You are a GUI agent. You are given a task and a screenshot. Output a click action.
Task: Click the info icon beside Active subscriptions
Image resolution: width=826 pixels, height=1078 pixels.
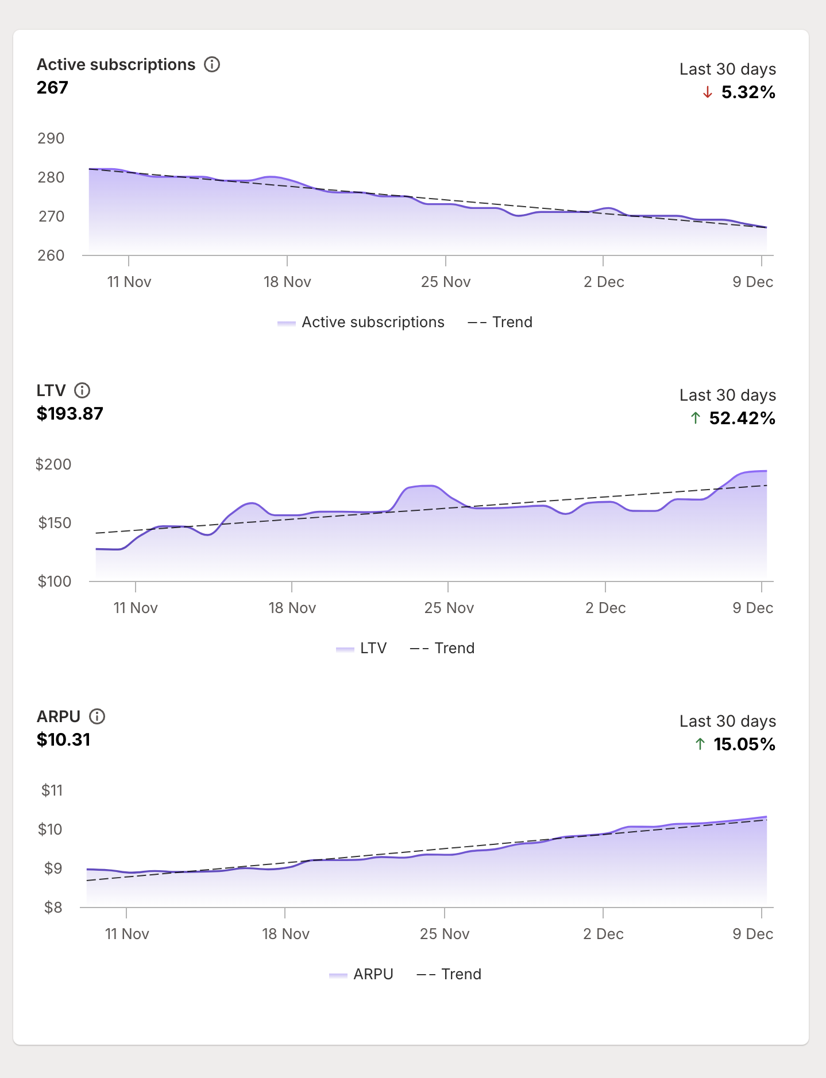pos(212,64)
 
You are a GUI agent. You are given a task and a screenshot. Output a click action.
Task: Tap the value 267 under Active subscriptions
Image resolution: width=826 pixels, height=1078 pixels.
pos(52,88)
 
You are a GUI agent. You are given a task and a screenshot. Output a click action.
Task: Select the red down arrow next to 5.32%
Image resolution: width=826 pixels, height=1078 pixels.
pos(707,92)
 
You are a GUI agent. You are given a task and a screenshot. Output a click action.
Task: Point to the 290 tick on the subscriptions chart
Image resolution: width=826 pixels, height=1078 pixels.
pos(51,138)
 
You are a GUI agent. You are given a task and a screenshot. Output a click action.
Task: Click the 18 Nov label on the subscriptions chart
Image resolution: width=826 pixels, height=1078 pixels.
pos(287,282)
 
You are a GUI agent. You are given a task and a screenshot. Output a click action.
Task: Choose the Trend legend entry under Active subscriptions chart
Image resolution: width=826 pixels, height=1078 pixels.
pos(500,322)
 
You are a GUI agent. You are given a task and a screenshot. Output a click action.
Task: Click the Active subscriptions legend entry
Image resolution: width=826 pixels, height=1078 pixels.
pos(361,322)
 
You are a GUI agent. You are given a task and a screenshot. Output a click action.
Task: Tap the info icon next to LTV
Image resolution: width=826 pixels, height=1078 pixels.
pos(82,390)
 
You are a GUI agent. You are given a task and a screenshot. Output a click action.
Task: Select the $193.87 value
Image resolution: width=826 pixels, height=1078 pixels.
pos(70,414)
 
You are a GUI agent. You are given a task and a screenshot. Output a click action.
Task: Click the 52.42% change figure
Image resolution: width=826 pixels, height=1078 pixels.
pos(742,418)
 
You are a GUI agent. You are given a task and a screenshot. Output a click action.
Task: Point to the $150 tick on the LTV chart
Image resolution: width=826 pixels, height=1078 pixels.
pos(54,523)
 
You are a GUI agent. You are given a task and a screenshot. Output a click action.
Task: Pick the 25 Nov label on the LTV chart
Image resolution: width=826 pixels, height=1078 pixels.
pos(449,608)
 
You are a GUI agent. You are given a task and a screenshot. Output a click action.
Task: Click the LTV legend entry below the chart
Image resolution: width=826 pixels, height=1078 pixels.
pos(361,648)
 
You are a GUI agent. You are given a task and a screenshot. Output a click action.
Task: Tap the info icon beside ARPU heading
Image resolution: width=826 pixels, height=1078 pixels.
pos(97,716)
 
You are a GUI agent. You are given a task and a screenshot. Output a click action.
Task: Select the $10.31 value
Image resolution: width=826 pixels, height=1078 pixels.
pos(63,740)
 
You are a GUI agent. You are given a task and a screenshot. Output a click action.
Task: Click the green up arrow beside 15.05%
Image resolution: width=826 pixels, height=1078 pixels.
pos(700,744)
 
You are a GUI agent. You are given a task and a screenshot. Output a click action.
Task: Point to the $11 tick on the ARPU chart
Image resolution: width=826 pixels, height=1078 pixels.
pos(52,790)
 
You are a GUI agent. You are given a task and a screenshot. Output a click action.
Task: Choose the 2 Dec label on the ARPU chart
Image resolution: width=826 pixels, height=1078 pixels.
pos(603,934)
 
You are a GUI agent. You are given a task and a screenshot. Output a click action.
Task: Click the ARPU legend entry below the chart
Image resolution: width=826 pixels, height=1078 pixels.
pos(361,974)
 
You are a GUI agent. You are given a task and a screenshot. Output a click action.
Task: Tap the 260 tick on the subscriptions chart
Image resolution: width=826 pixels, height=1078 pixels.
pos(51,255)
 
